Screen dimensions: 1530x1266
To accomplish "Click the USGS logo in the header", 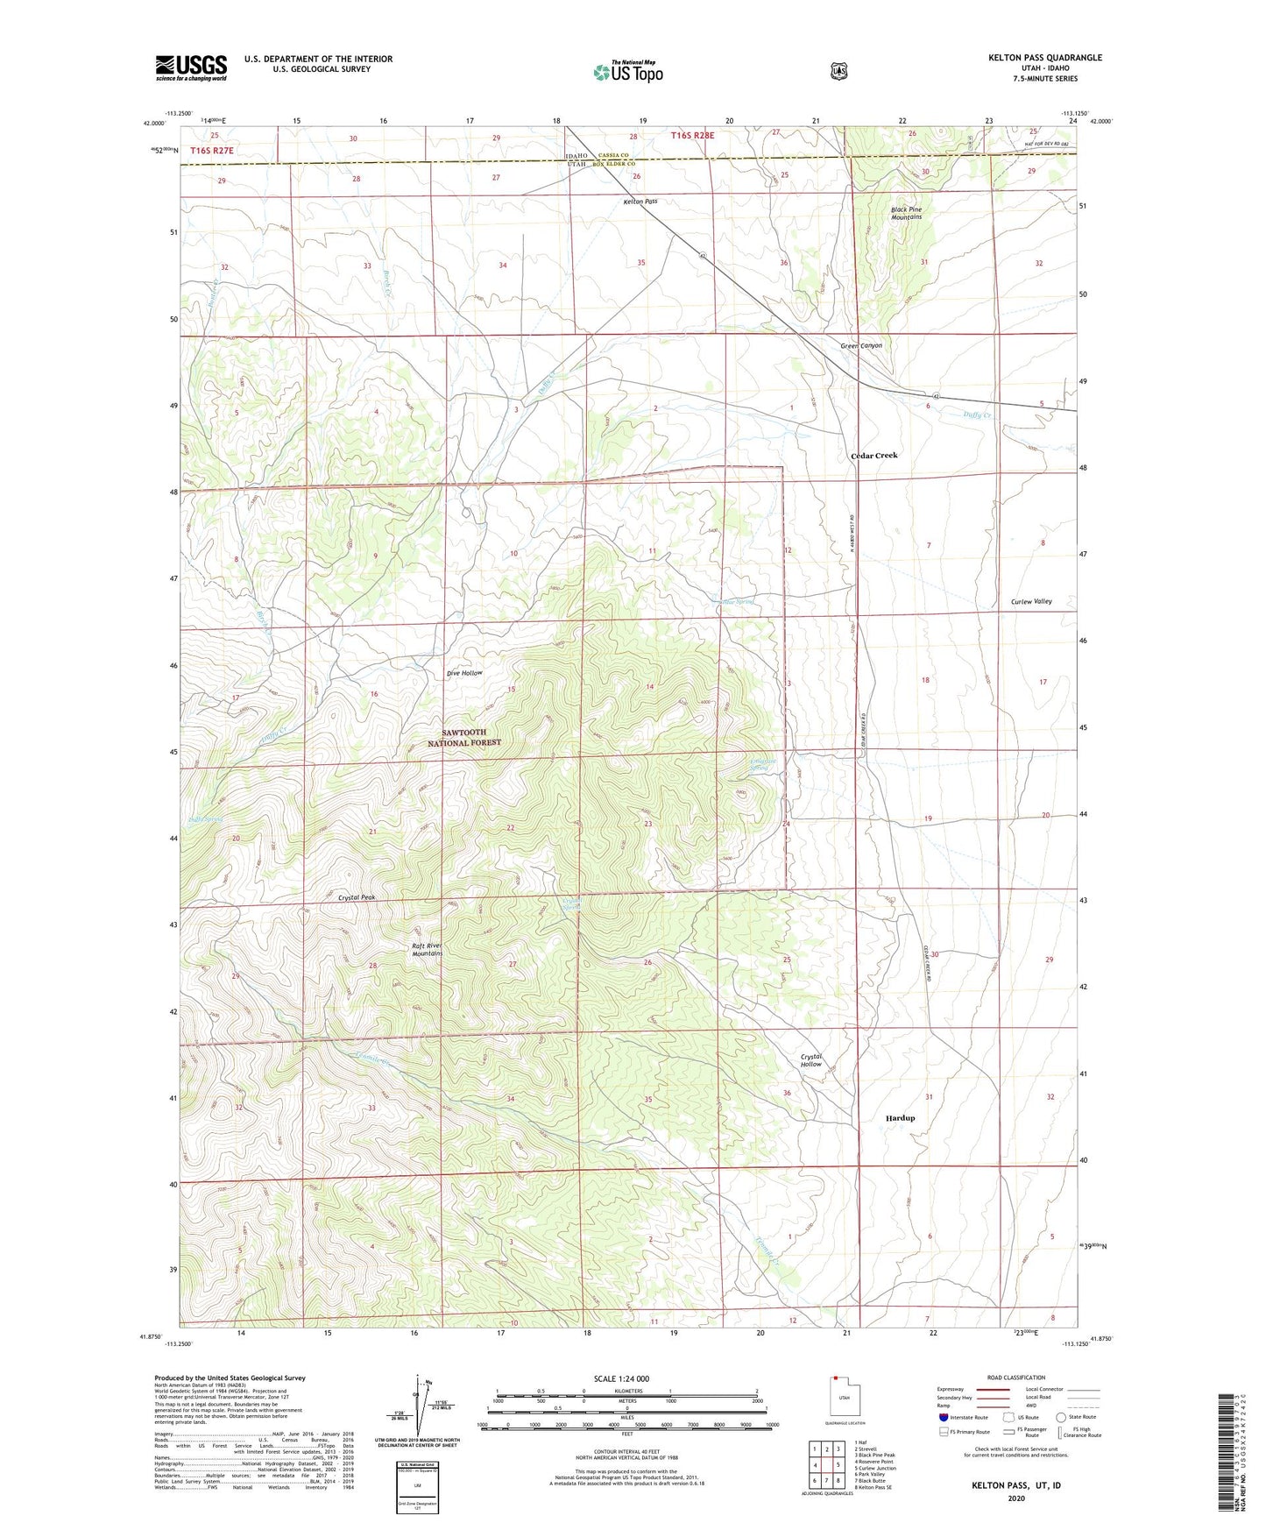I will pos(191,67).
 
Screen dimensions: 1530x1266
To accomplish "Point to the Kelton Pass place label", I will pos(640,202).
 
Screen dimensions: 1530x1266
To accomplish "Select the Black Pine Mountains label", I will pos(906,213).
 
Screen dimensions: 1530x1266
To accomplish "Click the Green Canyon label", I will pos(861,345).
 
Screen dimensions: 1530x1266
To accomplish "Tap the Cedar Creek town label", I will pos(873,456).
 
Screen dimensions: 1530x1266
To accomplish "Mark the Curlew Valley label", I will pos(1030,601).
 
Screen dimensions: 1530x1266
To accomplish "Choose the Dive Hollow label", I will pos(464,673).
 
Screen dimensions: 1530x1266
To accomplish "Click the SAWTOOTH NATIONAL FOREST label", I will pos(464,737).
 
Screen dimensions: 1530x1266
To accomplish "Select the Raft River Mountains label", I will pos(428,950).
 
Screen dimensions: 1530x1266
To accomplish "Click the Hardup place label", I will pos(900,1118).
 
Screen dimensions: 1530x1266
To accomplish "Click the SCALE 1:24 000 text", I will pos(621,1378).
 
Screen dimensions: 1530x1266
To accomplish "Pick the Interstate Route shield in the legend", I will pos(943,1417).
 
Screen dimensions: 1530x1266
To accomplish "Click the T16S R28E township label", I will pos(692,135).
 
